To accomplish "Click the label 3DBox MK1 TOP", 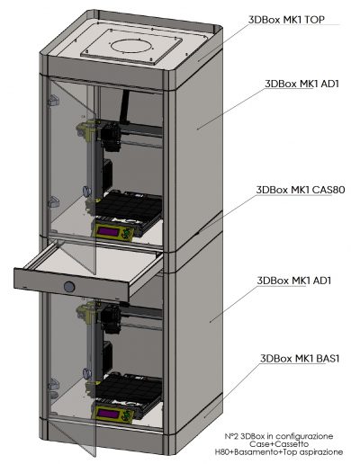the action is click(286, 20).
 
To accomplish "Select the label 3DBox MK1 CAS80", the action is click(301, 190).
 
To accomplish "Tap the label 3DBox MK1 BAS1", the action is click(300, 359).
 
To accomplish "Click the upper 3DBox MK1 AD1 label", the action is click(301, 84).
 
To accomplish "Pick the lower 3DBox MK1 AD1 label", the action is click(294, 281).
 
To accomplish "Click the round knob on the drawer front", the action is click(69, 287).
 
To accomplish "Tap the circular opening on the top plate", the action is click(132, 46).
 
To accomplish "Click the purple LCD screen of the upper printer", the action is click(109, 232).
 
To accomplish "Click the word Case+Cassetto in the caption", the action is click(279, 443).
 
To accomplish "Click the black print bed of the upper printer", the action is click(129, 206).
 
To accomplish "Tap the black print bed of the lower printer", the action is click(129, 388).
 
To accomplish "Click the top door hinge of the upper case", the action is click(53, 101).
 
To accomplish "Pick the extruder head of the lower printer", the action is click(111, 318).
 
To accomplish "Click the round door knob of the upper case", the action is click(87, 191).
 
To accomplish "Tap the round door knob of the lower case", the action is click(87, 373).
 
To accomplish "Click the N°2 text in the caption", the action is click(232, 436).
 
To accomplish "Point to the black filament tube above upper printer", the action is click(124, 107).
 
